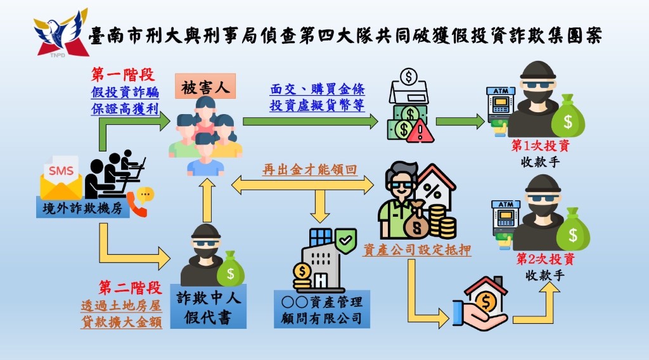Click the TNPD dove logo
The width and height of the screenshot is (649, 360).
(61, 33)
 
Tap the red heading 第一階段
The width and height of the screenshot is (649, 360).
(123, 75)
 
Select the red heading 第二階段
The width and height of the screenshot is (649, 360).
(130, 288)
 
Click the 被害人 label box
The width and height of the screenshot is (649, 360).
(205, 86)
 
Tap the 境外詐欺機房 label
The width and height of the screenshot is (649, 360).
(83, 207)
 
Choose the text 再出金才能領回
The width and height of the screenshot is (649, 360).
(309, 170)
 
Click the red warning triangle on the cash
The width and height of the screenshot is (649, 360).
(420, 132)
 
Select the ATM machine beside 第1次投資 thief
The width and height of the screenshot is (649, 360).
(501, 107)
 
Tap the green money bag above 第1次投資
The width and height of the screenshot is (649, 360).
(568, 115)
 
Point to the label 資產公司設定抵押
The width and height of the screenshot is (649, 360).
(417, 250)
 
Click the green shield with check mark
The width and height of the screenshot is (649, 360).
(346, 241)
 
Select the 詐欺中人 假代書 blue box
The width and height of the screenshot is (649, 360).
(208, 306)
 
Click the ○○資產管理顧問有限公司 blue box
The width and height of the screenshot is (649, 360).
(321, 309)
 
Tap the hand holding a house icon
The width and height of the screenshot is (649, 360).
(480, 304)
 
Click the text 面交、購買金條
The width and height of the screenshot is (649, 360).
(318, 89)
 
